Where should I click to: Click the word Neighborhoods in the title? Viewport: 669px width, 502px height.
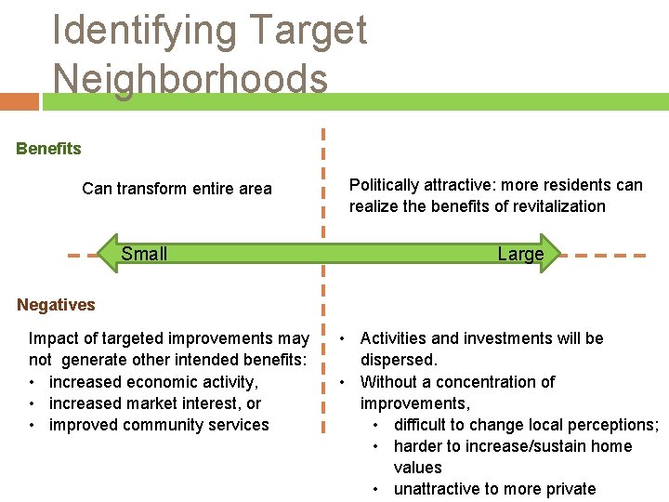[190, 78]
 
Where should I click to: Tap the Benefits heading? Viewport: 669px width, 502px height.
[48, 149]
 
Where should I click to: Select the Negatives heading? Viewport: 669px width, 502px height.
[56, 305]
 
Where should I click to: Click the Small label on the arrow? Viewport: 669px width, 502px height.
[144, 254]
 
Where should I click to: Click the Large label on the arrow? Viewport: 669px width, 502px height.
[520, 254]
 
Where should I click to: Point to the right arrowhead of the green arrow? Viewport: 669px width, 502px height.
[554, 253]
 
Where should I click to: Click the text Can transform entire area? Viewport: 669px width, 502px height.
[177, 189]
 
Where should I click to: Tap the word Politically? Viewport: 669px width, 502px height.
[384, 185]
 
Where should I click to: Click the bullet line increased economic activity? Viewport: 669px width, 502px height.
[153, 382]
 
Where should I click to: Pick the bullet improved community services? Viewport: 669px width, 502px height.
[158, 425]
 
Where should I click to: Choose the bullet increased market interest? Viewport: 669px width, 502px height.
[154, 403]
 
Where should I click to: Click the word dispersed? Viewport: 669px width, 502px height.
[398, 360]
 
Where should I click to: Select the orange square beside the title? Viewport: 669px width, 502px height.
[20, 101]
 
